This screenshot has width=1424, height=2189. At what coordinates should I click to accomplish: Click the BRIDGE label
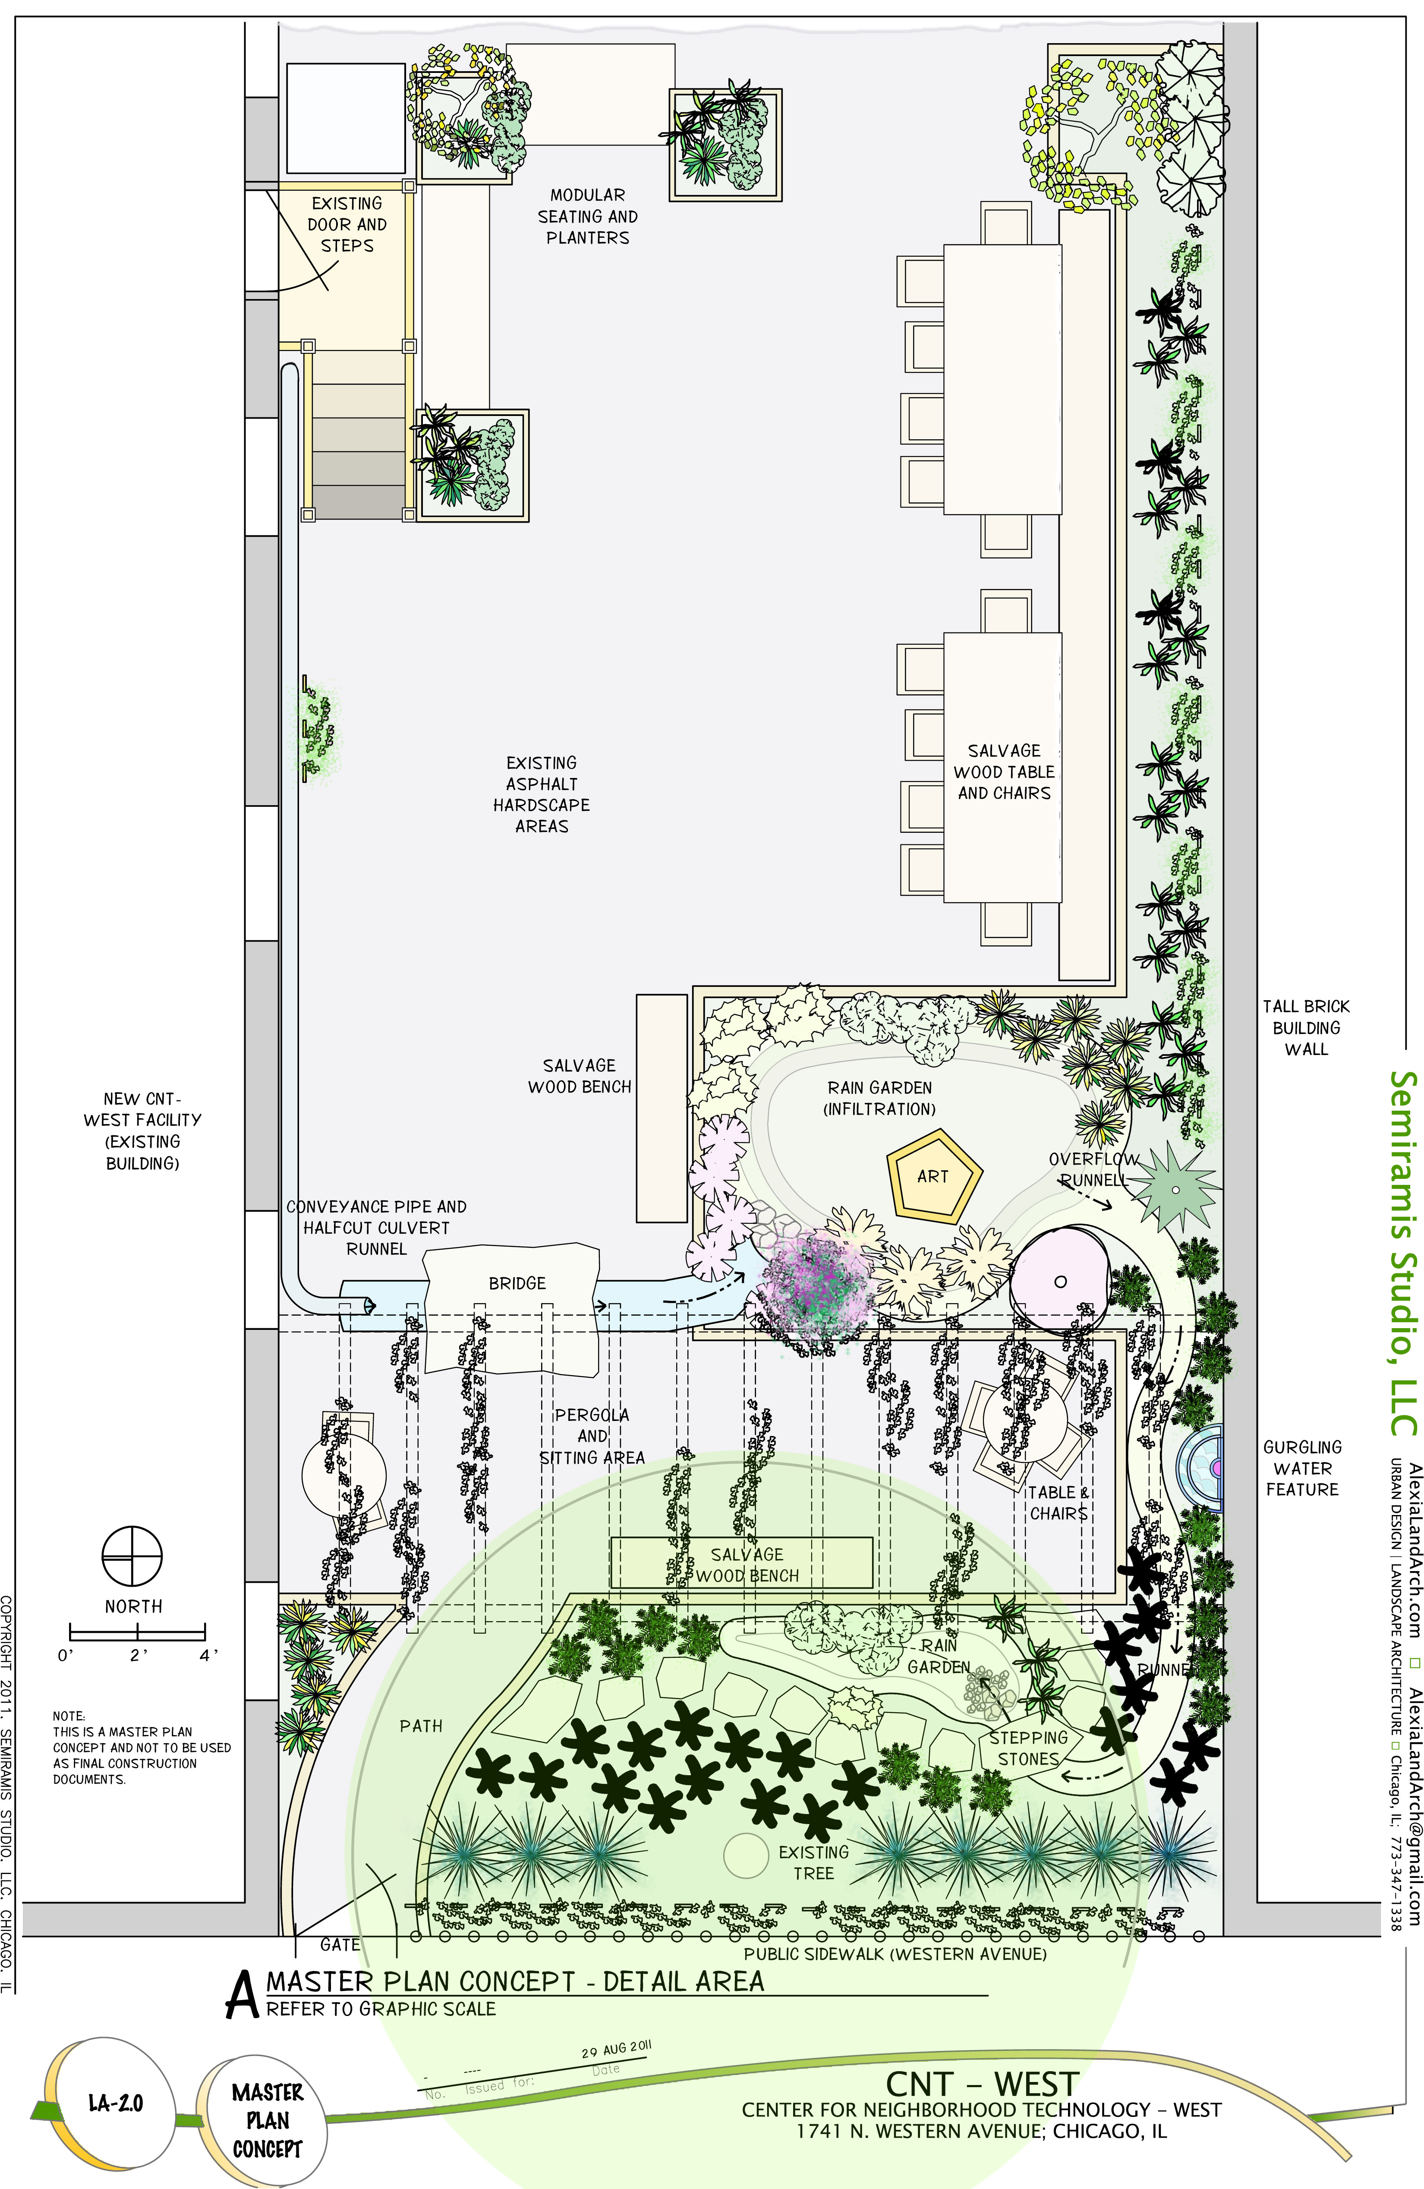coord(517,1283)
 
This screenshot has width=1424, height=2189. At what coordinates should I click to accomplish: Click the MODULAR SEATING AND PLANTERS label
coord(588,216)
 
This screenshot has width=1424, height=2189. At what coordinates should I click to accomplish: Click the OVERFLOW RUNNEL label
coord(1094,1169)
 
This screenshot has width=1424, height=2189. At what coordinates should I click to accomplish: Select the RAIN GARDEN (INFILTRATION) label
coord(879,1098)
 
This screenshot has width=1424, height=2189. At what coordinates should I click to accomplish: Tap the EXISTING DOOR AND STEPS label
coord(347,224)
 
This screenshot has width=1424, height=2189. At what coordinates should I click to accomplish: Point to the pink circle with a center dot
coord(1060,1281)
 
